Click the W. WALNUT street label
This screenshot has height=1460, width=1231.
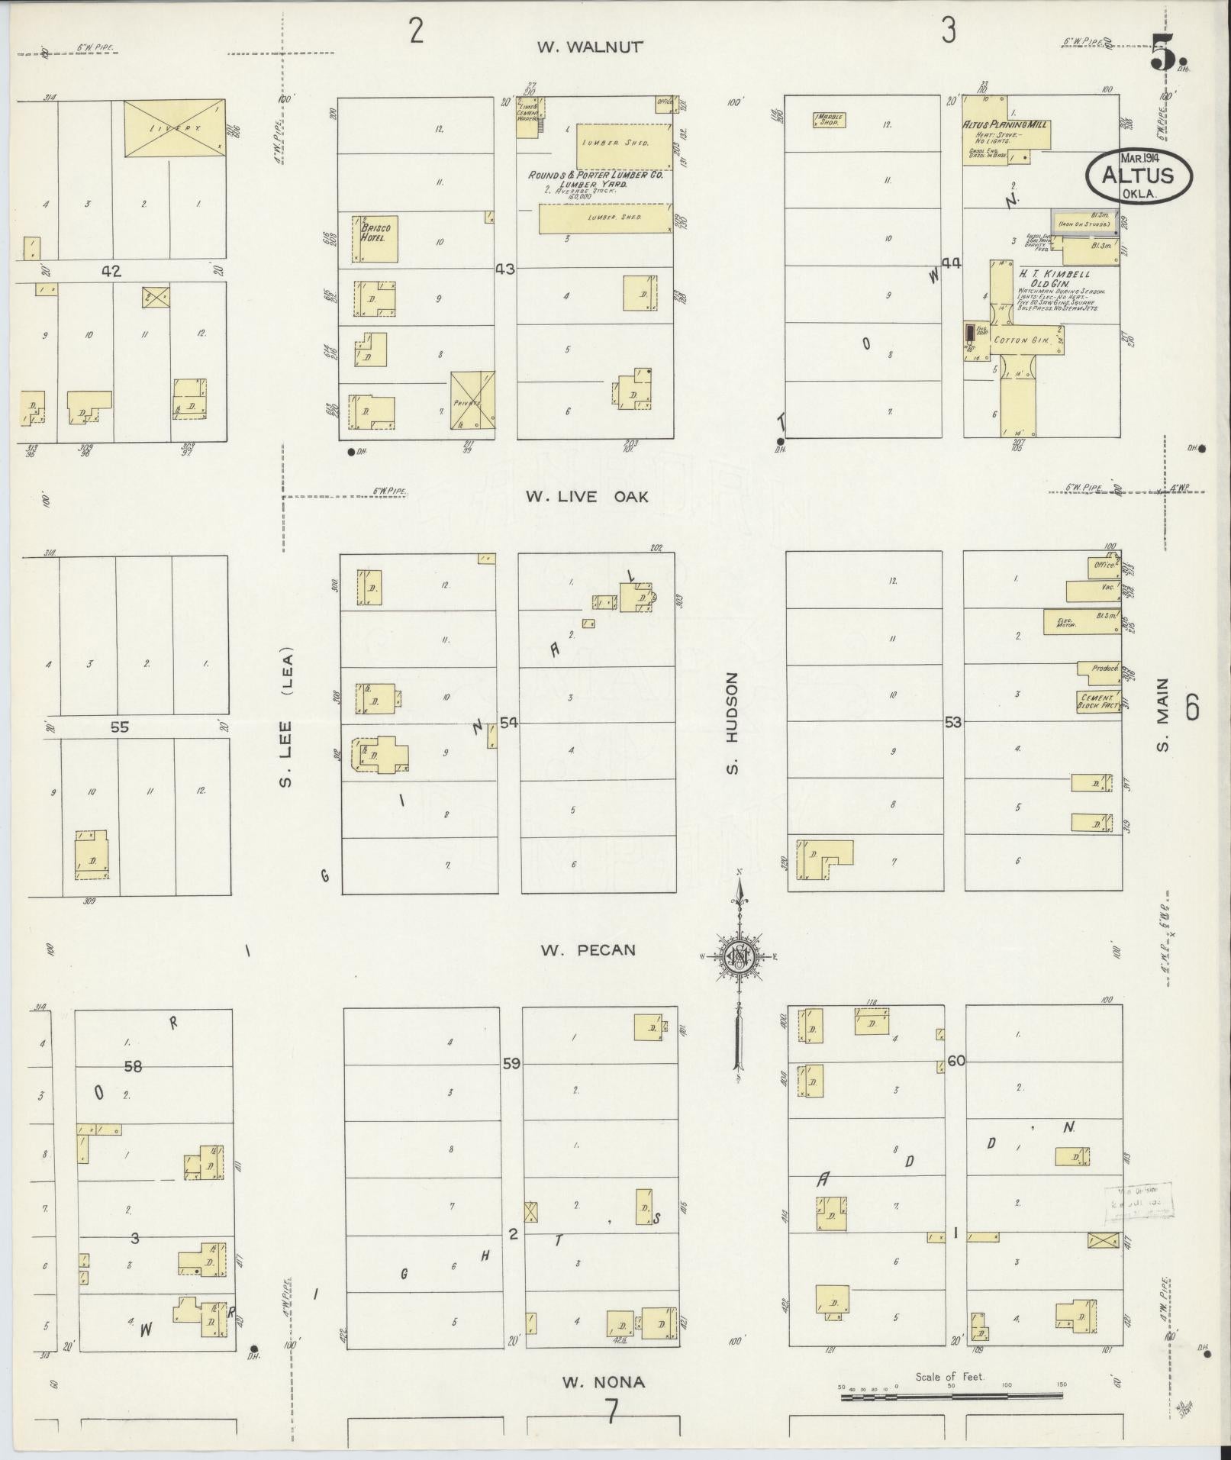590,47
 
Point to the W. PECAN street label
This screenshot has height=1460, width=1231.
588,950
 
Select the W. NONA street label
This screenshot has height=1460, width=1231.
603,1382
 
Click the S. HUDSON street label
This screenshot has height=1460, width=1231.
733,722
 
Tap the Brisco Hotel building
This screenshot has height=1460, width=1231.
375,239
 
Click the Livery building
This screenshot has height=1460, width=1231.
175,128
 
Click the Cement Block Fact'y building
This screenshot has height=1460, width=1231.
1097,701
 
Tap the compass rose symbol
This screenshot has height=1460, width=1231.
739,957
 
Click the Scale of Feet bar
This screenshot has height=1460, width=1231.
951,1397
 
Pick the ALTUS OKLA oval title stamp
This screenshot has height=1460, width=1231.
1139,175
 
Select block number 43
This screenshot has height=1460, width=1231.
505,269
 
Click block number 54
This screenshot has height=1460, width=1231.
508,723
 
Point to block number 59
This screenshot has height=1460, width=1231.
511,1062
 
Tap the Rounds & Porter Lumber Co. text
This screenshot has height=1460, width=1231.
596,176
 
